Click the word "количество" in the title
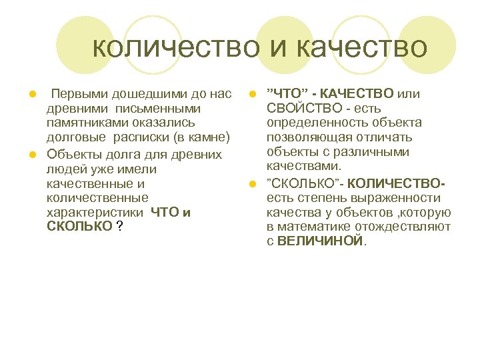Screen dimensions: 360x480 (x=175, y=47)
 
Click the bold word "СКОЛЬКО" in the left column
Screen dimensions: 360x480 (x=79, y=227)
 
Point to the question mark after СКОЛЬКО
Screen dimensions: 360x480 (x=119, y=227)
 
